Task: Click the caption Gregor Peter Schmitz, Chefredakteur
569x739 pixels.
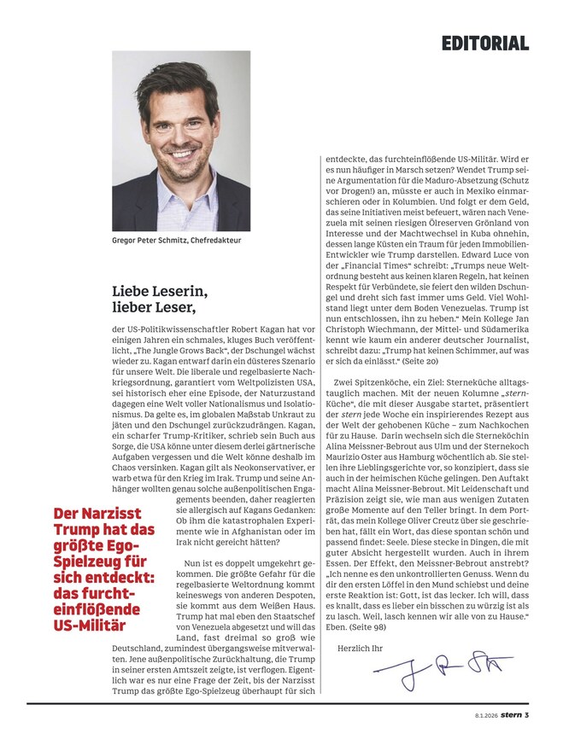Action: tap(177, 241)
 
